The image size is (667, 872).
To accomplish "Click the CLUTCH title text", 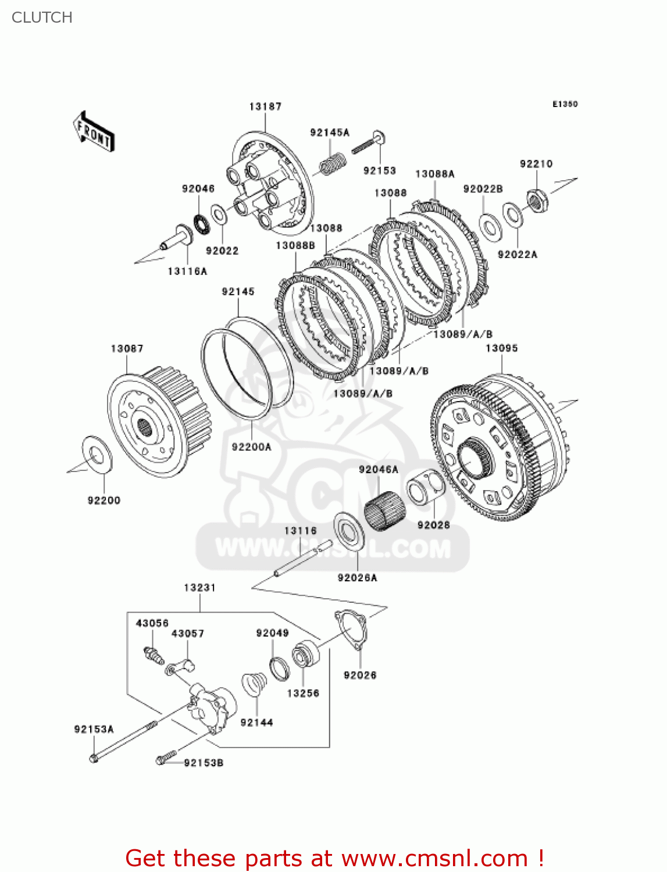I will (42, 17).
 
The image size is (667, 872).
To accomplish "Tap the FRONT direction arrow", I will (94, 132).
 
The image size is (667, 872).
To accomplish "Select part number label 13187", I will (265, 106).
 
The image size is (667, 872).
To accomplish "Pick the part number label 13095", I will (501, 348).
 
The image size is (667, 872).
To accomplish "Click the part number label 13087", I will (127, 349).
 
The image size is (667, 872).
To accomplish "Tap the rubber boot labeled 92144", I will (254, 684).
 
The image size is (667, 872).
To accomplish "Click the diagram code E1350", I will (565, 104).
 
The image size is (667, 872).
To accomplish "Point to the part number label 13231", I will (199, 588).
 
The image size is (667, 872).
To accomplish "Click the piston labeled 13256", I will (305, 654).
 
